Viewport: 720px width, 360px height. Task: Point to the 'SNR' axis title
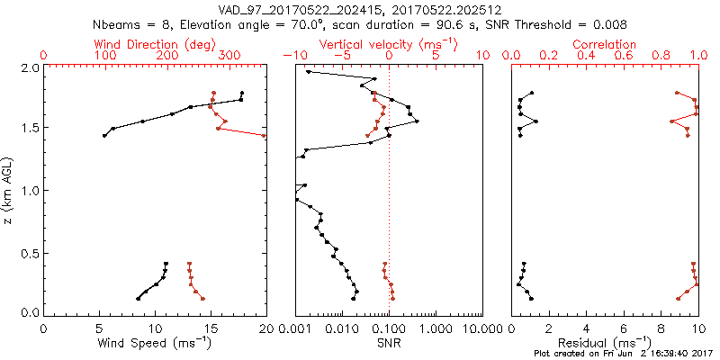pos(389,342)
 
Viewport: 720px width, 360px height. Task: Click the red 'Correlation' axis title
pos(605,44)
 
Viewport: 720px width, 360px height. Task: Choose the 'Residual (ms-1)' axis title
pos(605,342)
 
